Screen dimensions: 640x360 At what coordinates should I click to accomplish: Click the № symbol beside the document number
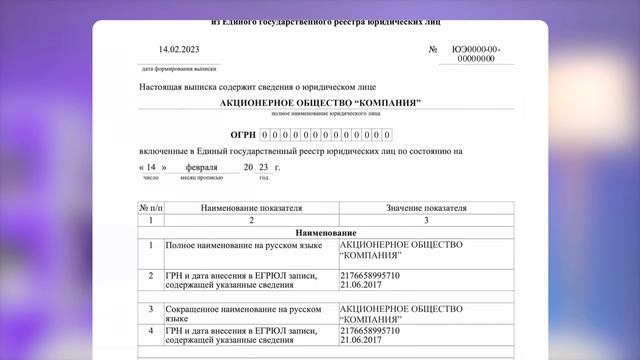(433, 49)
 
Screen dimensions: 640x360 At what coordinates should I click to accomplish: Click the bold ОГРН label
(242, 134)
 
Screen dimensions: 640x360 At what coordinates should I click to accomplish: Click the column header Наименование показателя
(251, 207)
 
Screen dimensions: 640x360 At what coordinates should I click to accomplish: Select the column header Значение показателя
(426, 207)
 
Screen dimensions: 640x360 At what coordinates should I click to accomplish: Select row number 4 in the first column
(150, 329)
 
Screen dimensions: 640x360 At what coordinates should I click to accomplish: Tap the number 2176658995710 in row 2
(370, 274)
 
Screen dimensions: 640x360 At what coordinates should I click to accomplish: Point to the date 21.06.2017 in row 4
(361, 339)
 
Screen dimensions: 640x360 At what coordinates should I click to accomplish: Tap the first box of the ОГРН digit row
(264, 135)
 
